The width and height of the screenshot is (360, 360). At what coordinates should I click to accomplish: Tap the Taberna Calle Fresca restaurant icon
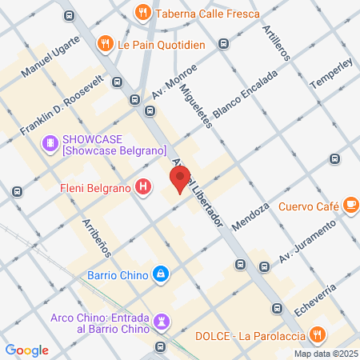(x=142, y=12)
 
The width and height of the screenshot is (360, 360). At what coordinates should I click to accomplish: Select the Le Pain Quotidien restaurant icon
(x=104, y=43)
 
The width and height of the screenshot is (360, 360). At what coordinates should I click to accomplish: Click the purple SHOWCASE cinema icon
(x=50, y=143)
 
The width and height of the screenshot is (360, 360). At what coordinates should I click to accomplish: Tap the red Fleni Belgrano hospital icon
(x=143, y=188)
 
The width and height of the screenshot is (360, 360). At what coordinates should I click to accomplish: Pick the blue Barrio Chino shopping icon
(x=162, y=274)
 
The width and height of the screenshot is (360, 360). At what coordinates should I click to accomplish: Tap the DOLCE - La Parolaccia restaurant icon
(x=318, y=334)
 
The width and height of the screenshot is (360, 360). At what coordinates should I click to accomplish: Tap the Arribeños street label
(x=95, y=238)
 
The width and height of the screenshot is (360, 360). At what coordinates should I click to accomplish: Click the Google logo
(x=26, y=350)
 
